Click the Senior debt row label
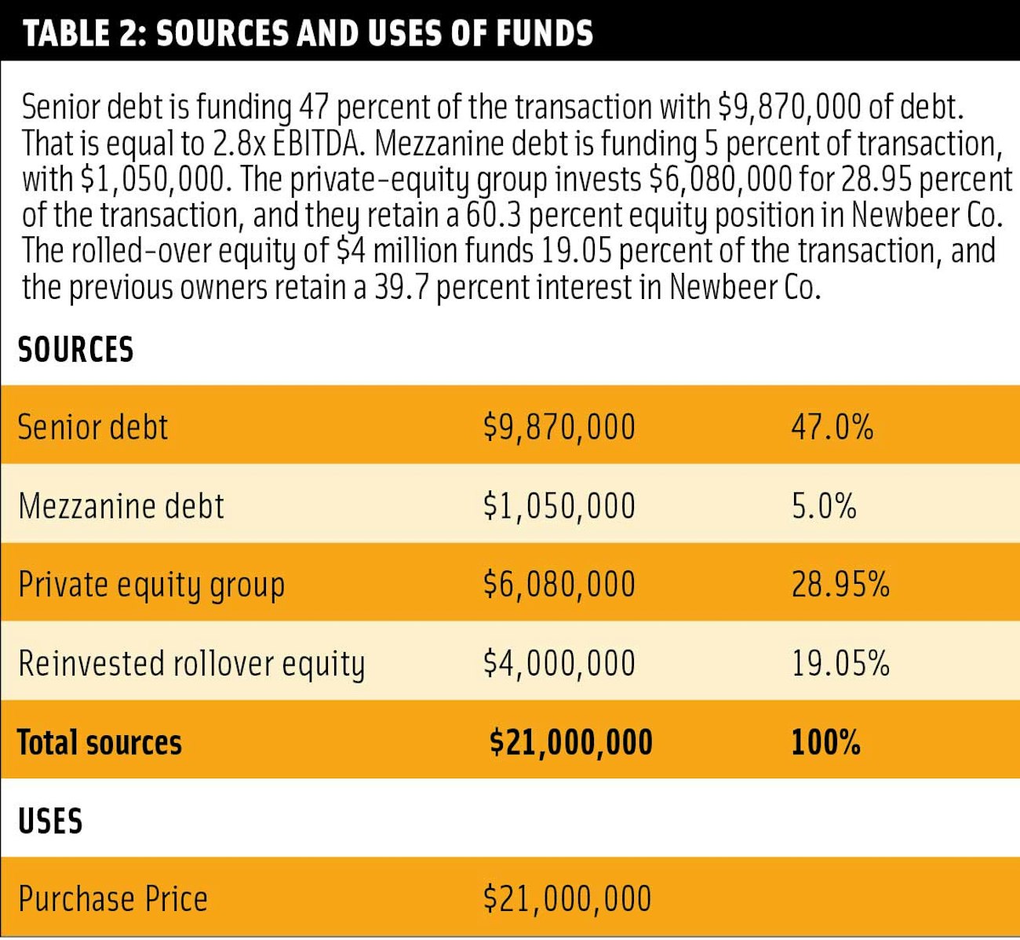coord(93,428)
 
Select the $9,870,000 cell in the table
coord(559,428)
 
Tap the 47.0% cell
coord(832,428)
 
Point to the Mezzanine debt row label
coord(121,506)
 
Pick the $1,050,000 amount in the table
coord(559,506)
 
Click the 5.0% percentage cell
coord(823,506)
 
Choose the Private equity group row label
coord(151,585)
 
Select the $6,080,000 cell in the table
coord(559,585)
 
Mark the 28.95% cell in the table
coord(840,585)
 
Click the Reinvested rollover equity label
coord(191,664)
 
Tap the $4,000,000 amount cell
coord(559,664)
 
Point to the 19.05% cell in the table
coord(840,664)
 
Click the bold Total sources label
coord(99,743)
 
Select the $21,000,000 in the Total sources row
coord(570,743)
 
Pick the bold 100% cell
coord(825,743)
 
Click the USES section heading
coord(49,822)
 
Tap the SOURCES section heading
coord(75,350)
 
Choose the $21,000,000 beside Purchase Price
coord(566,899)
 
